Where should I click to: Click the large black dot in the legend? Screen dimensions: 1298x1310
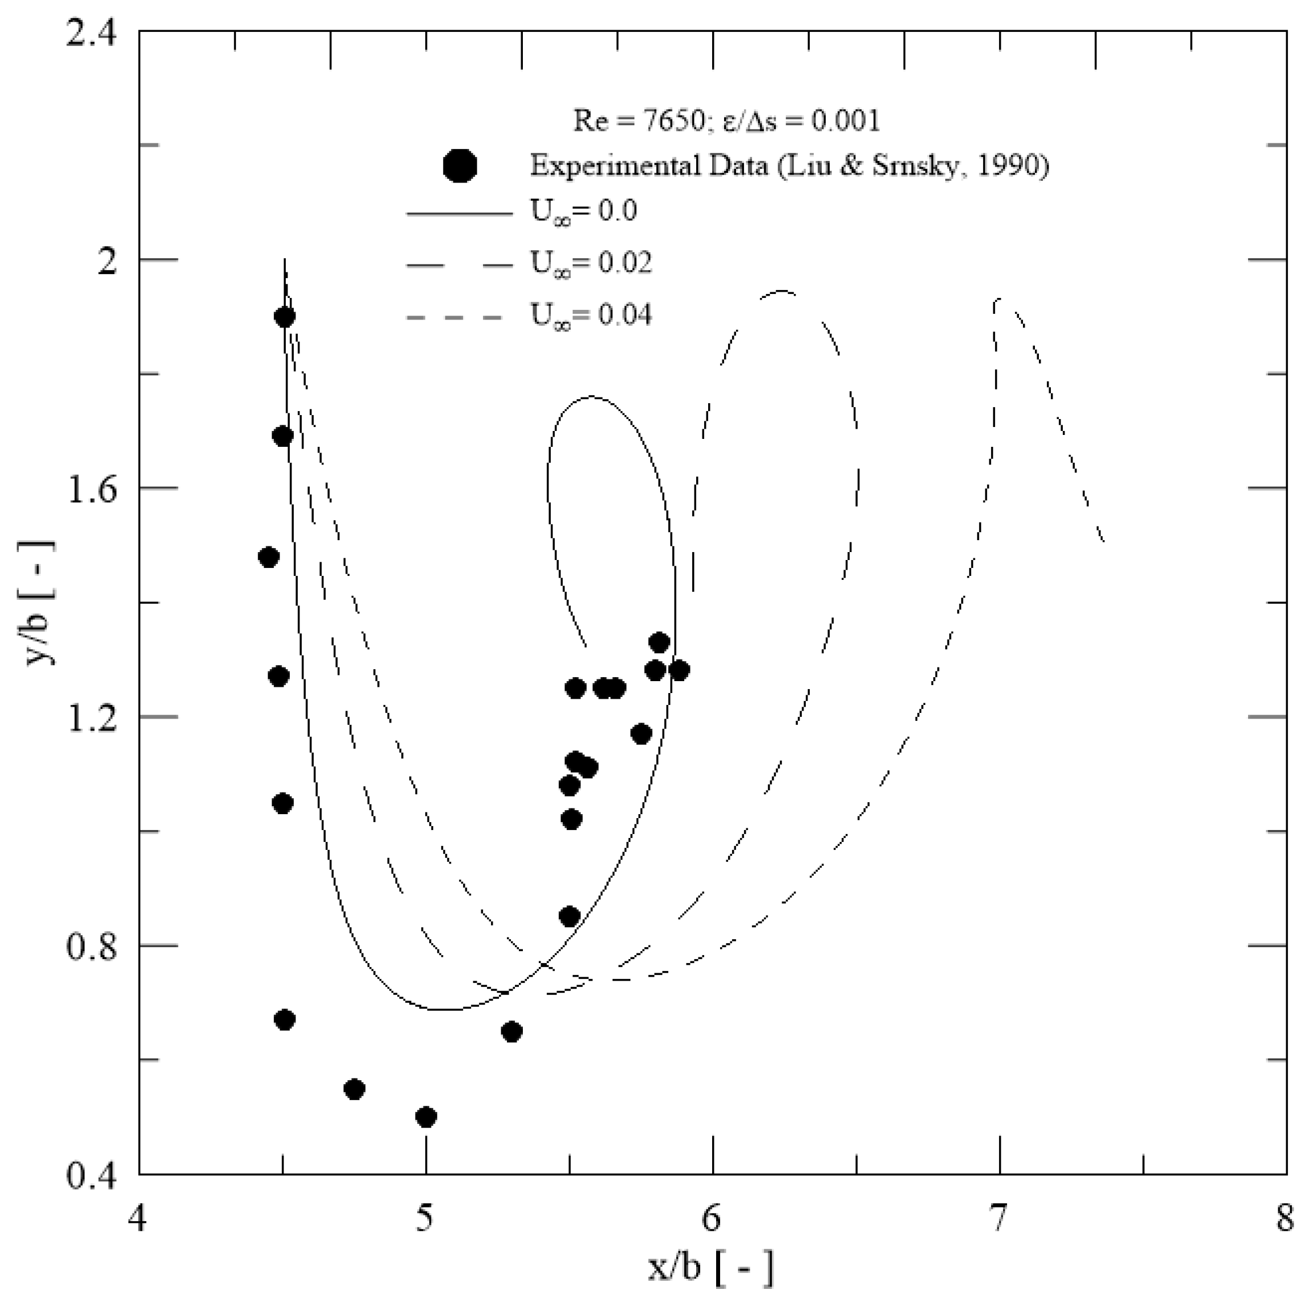459,166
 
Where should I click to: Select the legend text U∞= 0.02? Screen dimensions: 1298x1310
590,263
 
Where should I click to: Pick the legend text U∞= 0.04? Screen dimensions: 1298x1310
590,316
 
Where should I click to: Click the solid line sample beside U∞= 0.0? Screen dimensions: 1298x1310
459,214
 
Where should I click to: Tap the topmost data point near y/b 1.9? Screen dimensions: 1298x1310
285,317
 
